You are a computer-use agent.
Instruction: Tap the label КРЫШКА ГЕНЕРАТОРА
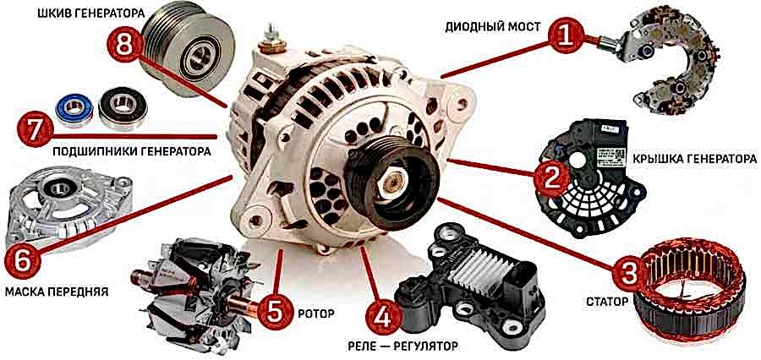tap(694, 159)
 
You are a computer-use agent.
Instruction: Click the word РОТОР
tap(316, 314)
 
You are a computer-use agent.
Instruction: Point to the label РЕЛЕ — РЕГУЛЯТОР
tap(402, 346)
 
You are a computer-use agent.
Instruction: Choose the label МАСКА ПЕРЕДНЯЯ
tap(57, 292)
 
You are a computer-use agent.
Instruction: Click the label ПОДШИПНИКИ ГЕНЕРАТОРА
tap(132, 151)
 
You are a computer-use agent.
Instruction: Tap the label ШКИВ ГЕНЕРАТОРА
tap(91, 14)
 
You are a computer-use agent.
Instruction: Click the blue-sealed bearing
tap(74, 109)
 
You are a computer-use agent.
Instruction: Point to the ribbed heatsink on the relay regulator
tap(474, 267)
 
